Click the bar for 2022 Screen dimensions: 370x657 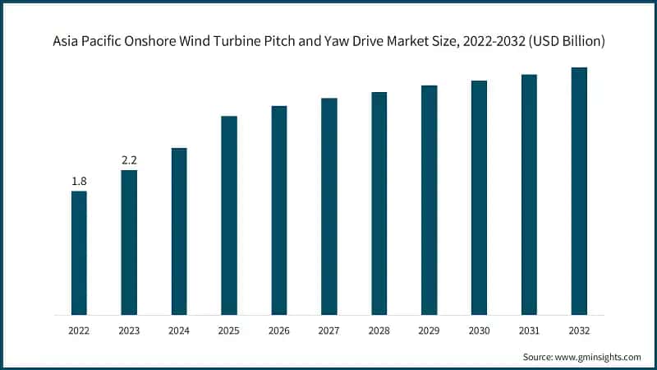79,252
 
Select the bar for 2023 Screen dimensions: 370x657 129,243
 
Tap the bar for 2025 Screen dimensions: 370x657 229,215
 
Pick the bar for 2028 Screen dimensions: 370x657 379,203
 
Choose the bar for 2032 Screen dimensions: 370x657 579,191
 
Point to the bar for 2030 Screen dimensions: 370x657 479,197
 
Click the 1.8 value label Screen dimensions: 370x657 79,181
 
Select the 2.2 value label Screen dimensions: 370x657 129,160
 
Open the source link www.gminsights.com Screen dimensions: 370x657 599,357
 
